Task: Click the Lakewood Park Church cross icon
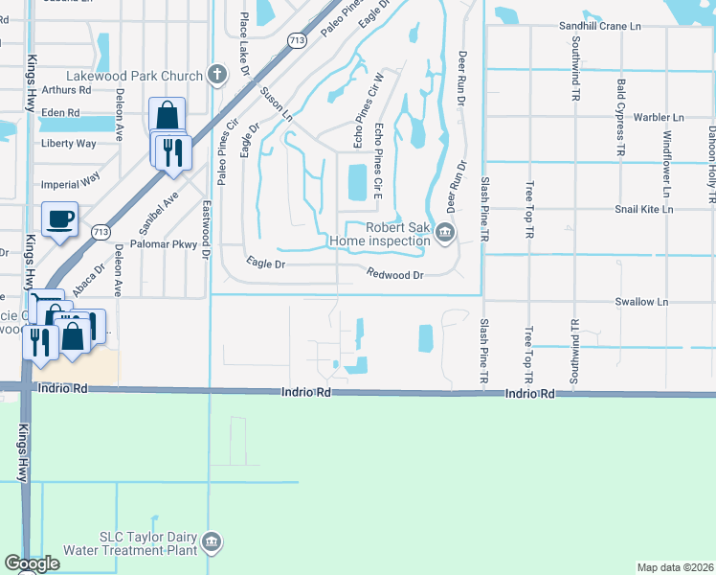click(x=217, y=75)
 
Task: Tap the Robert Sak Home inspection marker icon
click(x=445, y=233)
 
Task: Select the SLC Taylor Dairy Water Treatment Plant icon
click(x=213, y=543)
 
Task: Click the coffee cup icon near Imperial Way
click(x=59, y=218)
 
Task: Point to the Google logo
click(x=32, y=564)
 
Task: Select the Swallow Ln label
click(x=641, y=302)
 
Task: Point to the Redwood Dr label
click(x=394, y=274)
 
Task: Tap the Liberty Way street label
click(x=69, y=144)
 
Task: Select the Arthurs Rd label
click(x=67, y=89)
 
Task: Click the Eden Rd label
click(x=59, y=112)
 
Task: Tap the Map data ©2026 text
click(x=675, y=567)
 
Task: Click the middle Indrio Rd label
click(x=305, y=393)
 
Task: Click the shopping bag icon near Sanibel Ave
click(x=167, y=116)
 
